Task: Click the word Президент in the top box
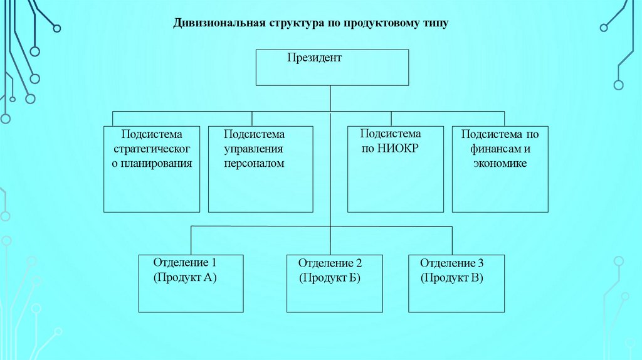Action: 315,58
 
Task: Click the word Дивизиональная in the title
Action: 219,23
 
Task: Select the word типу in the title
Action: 433,23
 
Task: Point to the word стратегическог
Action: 151,149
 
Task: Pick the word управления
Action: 254,149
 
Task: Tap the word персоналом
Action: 254,164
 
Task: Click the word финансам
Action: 489,149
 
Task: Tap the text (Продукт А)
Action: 185,277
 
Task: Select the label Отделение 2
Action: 330,263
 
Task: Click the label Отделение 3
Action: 452,263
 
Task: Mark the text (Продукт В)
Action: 452,278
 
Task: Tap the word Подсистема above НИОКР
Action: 391,134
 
